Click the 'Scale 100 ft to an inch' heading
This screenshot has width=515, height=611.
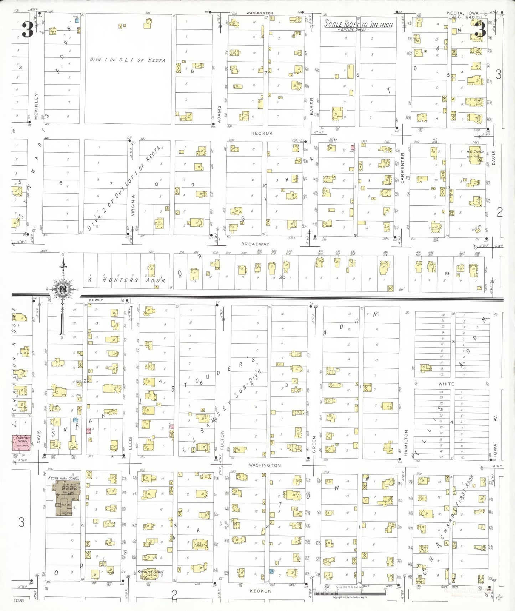click(x=358, y=24)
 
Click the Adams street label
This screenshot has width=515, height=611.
click(x=219, y=114)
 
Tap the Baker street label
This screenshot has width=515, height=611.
click(x=311, y=106)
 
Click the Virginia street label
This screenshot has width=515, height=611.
click(x=133, y=205)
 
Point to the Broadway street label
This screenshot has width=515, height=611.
click(x=255, y=244)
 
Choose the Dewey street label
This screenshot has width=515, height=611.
click(x=96, y=300)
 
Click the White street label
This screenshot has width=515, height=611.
click(x=446, y=384)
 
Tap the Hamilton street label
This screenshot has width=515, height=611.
click(x=406, y=442)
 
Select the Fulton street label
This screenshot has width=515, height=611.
click(x=222, y=440)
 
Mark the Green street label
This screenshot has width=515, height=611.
click(x=314, y=444)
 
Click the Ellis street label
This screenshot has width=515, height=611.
click(x=130, y=443)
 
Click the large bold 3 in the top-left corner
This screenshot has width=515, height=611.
click(x=28, y=30)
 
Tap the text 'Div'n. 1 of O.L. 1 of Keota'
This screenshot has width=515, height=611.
click(x=128, y=60)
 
